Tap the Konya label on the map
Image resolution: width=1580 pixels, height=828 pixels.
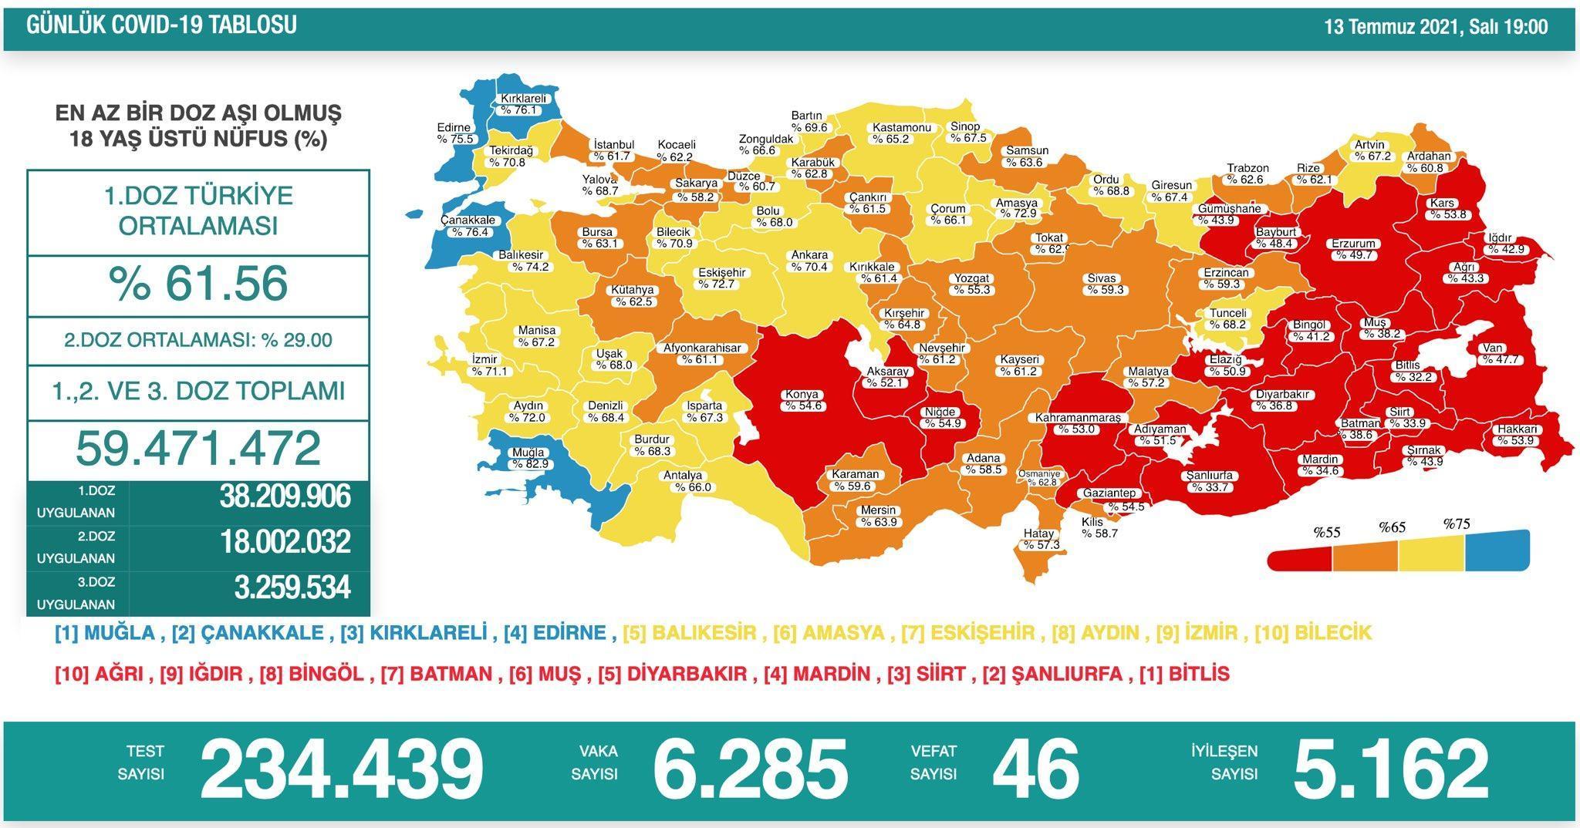point(802,395)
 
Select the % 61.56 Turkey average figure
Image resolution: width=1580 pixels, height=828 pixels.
point(198,284)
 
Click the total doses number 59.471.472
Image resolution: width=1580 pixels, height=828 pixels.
point(198,448)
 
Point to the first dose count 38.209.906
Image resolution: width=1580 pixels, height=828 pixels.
point(285,497)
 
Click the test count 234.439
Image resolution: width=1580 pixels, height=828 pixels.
point(341,769)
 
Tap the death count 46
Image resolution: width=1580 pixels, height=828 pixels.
point(1035,769)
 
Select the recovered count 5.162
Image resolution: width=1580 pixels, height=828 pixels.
point(1389,769)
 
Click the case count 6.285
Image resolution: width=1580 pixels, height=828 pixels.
point(749,769)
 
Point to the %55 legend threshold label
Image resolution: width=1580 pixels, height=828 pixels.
point(1327,532)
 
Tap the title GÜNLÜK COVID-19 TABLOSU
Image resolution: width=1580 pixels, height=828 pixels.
point(161,25)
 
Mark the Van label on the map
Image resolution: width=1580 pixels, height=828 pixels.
point(1491,348)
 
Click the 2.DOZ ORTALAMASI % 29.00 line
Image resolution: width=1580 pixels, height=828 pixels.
point(198,340)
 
